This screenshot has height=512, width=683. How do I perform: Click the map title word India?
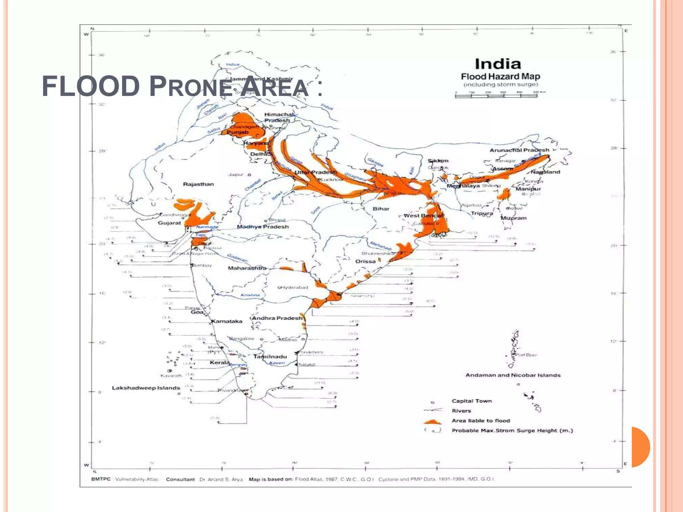click(x=498, y=64)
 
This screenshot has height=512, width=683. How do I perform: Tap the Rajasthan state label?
click(x=198, y=184)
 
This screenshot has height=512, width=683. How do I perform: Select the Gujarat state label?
click(x=169, y=223)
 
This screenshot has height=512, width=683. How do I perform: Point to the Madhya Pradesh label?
click(x=263, y=227)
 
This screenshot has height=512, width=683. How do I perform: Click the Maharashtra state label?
click(x=247, y=268)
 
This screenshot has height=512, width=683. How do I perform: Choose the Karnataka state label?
click(x=227, y=321)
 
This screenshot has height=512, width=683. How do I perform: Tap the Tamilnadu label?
click(x=270, y=357)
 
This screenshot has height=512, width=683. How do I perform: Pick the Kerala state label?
click(x=219, y=363)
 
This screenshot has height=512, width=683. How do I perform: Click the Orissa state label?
click(x=366, y=261)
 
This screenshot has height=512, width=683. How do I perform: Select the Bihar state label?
click(x=381, y=209)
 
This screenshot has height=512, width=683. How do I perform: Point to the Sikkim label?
click(x=438, y=161)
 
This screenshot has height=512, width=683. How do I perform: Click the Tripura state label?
click(x=482, y=213)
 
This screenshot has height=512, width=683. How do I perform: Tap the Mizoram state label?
click(x=514, y=218)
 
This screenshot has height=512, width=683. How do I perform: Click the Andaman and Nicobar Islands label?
click(x=513, y=375)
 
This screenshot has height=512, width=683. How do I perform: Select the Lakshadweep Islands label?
click(x=146, y=388)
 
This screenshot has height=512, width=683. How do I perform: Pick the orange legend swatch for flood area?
click(x=433, y=422)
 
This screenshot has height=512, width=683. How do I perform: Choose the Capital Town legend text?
click(x=472, y=401)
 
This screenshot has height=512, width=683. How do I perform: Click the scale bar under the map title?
click(x=496, y=96)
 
